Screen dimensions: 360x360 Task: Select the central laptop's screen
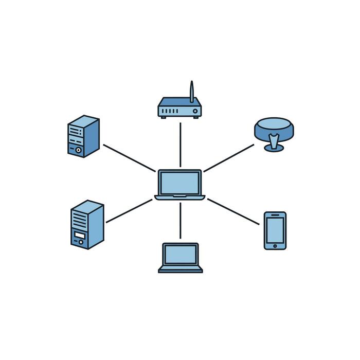pos(179,182)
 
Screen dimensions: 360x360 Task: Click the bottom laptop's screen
pos(181,254)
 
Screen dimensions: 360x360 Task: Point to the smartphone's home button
pos(275,246)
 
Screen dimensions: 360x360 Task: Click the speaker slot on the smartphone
pos(275,214)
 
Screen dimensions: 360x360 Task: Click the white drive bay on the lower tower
pos(79,236)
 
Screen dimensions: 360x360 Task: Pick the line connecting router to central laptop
pos(180,145)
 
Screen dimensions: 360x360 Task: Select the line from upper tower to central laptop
pos(129,158)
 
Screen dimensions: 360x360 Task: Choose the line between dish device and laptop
pos(229,158)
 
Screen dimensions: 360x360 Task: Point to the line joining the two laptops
pos(180,220)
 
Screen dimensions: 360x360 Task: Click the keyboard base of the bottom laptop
pos(181,269)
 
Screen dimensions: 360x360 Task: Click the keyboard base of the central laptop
pos(180,197)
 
